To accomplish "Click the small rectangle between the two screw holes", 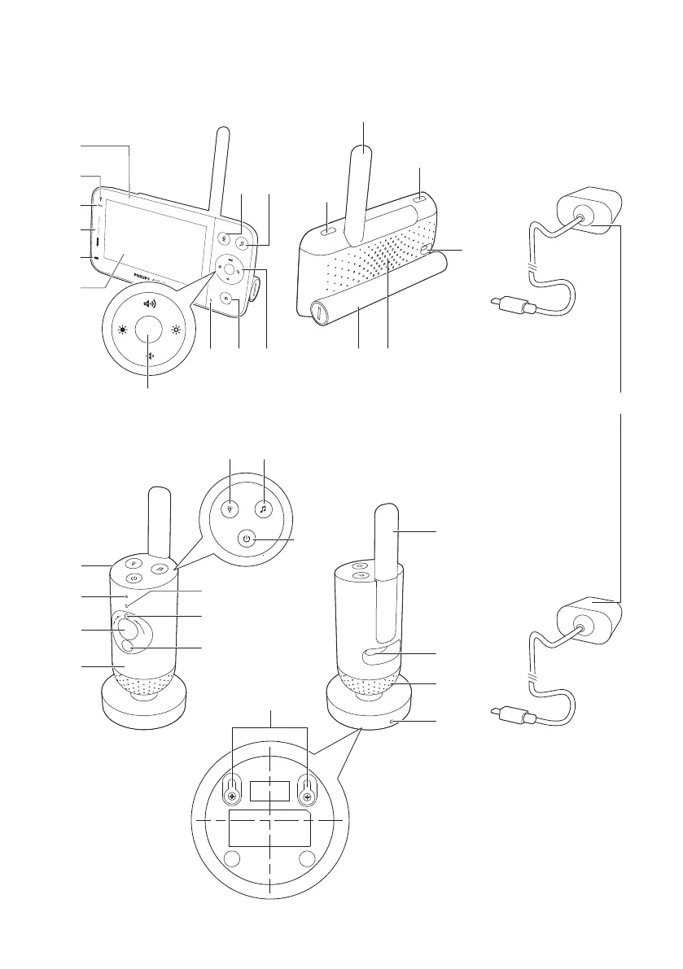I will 269,790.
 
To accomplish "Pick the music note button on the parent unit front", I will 243,242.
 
